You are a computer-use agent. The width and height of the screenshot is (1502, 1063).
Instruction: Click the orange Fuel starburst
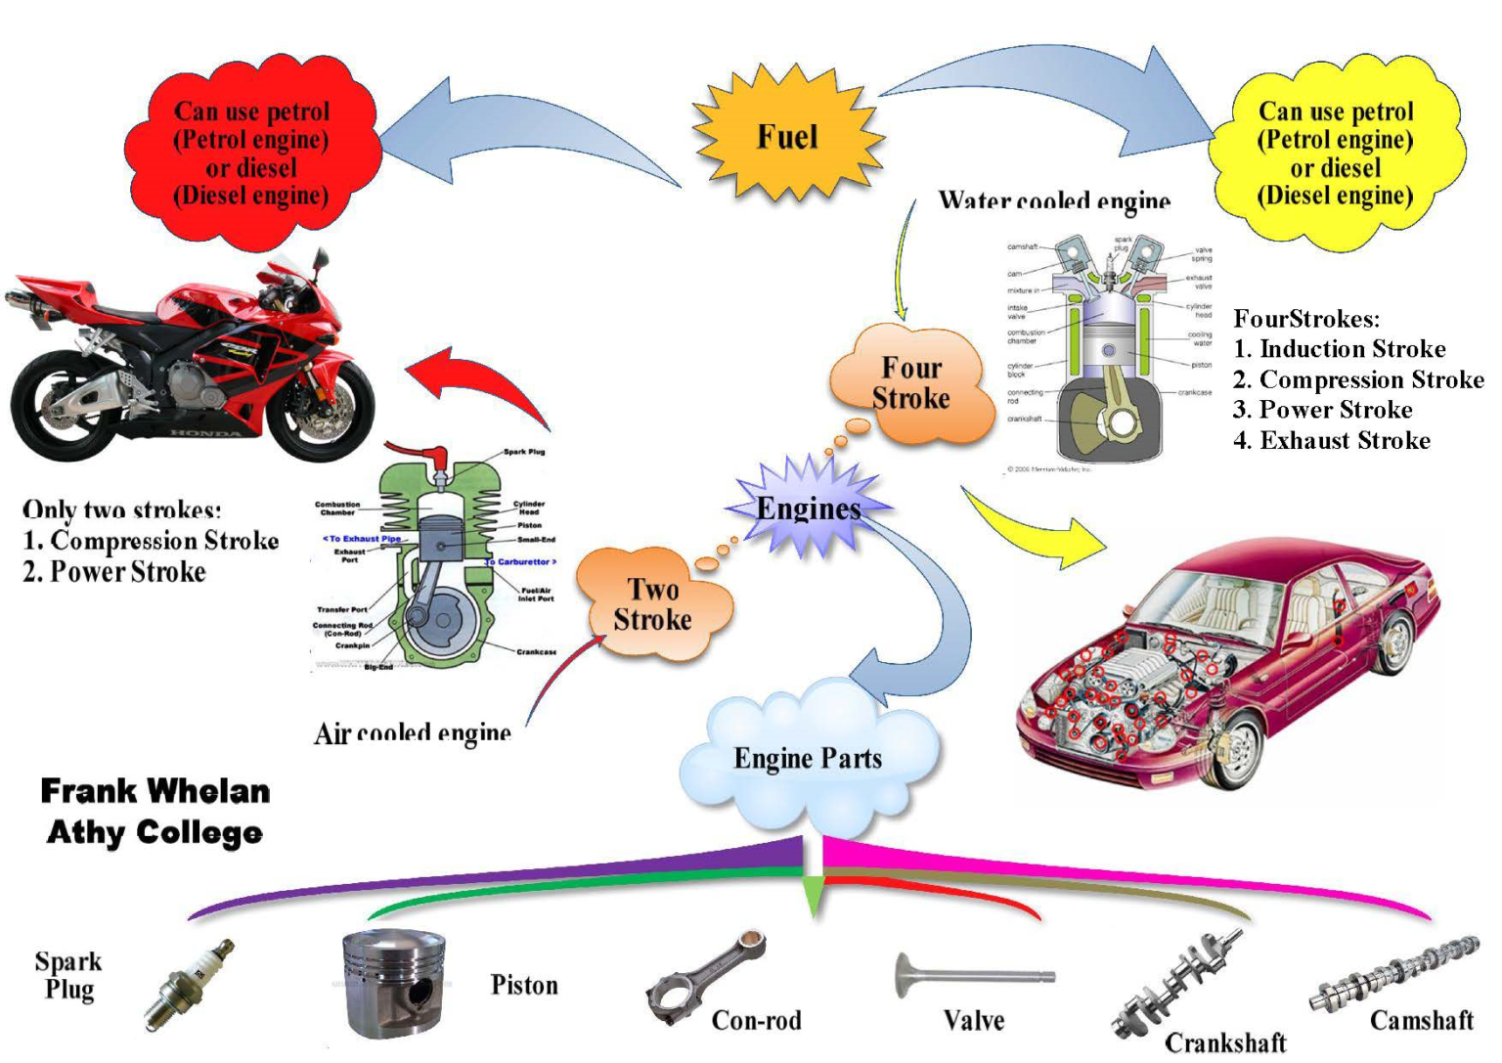coord(787,136)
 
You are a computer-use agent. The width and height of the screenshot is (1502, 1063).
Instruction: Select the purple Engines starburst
coord(808,508)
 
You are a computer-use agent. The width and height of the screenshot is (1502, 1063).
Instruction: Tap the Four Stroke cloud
coord(910,384)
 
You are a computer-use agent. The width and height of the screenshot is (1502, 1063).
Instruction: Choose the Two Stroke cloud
coord(652,605)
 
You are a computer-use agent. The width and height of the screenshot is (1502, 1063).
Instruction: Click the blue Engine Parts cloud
coord(808,758)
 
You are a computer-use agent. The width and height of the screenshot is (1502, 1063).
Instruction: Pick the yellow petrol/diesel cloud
coord(1335,154)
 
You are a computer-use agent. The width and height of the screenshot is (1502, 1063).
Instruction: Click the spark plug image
coord(190,986)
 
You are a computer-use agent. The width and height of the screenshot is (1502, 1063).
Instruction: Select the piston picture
coord(393,984)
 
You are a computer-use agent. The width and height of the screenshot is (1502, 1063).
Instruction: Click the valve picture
coord(973,976)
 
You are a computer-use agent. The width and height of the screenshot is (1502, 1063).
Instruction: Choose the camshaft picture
coord(1393,974)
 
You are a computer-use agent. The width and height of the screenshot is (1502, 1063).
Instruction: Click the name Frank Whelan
coord(155,790)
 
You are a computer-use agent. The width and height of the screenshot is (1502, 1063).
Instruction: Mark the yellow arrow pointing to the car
coord(1037,528)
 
